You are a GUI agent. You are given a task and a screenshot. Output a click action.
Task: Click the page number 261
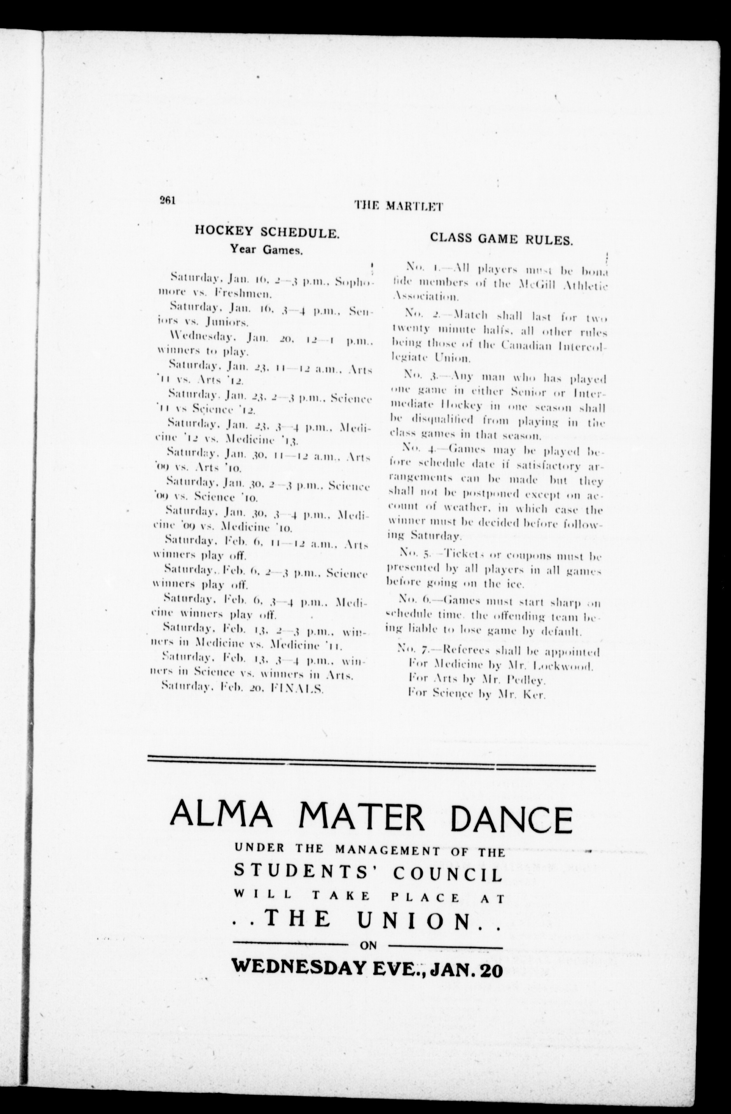coord(167,200)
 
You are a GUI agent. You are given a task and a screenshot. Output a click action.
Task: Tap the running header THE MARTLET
coord(398,206)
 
